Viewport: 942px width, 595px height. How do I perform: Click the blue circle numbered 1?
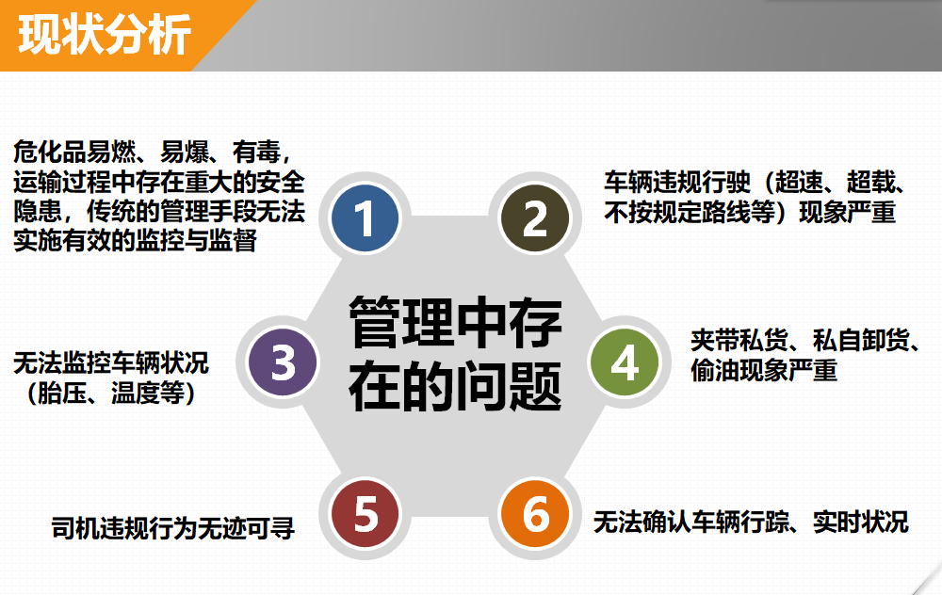[365, 217]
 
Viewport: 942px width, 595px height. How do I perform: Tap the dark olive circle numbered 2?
[535, 217]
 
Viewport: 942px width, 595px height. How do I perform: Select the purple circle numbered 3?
[283, 362]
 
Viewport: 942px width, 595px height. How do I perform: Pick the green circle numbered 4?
[625, 362]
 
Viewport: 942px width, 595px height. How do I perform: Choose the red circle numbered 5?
[365, 513]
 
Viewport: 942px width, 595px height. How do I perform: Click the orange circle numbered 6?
[535, 513]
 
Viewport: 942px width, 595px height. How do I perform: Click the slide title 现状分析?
[105, 35]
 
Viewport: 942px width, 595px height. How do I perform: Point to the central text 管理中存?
[455, 323]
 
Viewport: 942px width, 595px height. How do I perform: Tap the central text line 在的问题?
[455, 386]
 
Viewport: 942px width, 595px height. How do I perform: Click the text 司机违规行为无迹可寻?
[173, 528]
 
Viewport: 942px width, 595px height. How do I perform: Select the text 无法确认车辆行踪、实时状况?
[751, 522]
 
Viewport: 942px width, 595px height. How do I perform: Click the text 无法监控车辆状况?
[111, 363]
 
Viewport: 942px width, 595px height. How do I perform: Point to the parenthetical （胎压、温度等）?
[111, 394]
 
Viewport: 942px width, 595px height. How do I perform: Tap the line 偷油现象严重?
[764, 370]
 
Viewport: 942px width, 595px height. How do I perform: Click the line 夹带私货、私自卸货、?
[805, 341]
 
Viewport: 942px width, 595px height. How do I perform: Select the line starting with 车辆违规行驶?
[755, 182]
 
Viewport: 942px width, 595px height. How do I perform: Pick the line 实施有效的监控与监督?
[136, 241]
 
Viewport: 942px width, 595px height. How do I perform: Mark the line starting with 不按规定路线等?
[751, 212]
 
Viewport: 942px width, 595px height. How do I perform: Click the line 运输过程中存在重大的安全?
[159, 182]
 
